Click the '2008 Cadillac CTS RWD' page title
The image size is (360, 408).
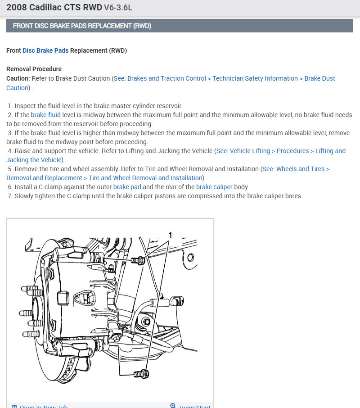[54, 8]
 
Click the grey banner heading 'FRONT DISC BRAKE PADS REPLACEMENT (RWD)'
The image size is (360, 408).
[82, 26]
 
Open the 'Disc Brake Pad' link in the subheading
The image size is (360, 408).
[44, 50]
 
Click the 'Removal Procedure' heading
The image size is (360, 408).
[34, 69]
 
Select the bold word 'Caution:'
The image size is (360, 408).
[18, 78]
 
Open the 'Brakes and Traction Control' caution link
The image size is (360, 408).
[160, 78]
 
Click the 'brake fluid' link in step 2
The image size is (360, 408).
[45, 115]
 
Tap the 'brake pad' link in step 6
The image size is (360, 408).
[127, 187]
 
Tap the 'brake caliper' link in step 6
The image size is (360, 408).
[214, 187]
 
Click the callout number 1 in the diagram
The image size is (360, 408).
[170, 235]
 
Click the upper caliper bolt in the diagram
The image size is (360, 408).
[139, 260]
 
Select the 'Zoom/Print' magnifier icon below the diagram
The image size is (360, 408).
[173, 406]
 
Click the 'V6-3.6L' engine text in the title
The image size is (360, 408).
[118, 8]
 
